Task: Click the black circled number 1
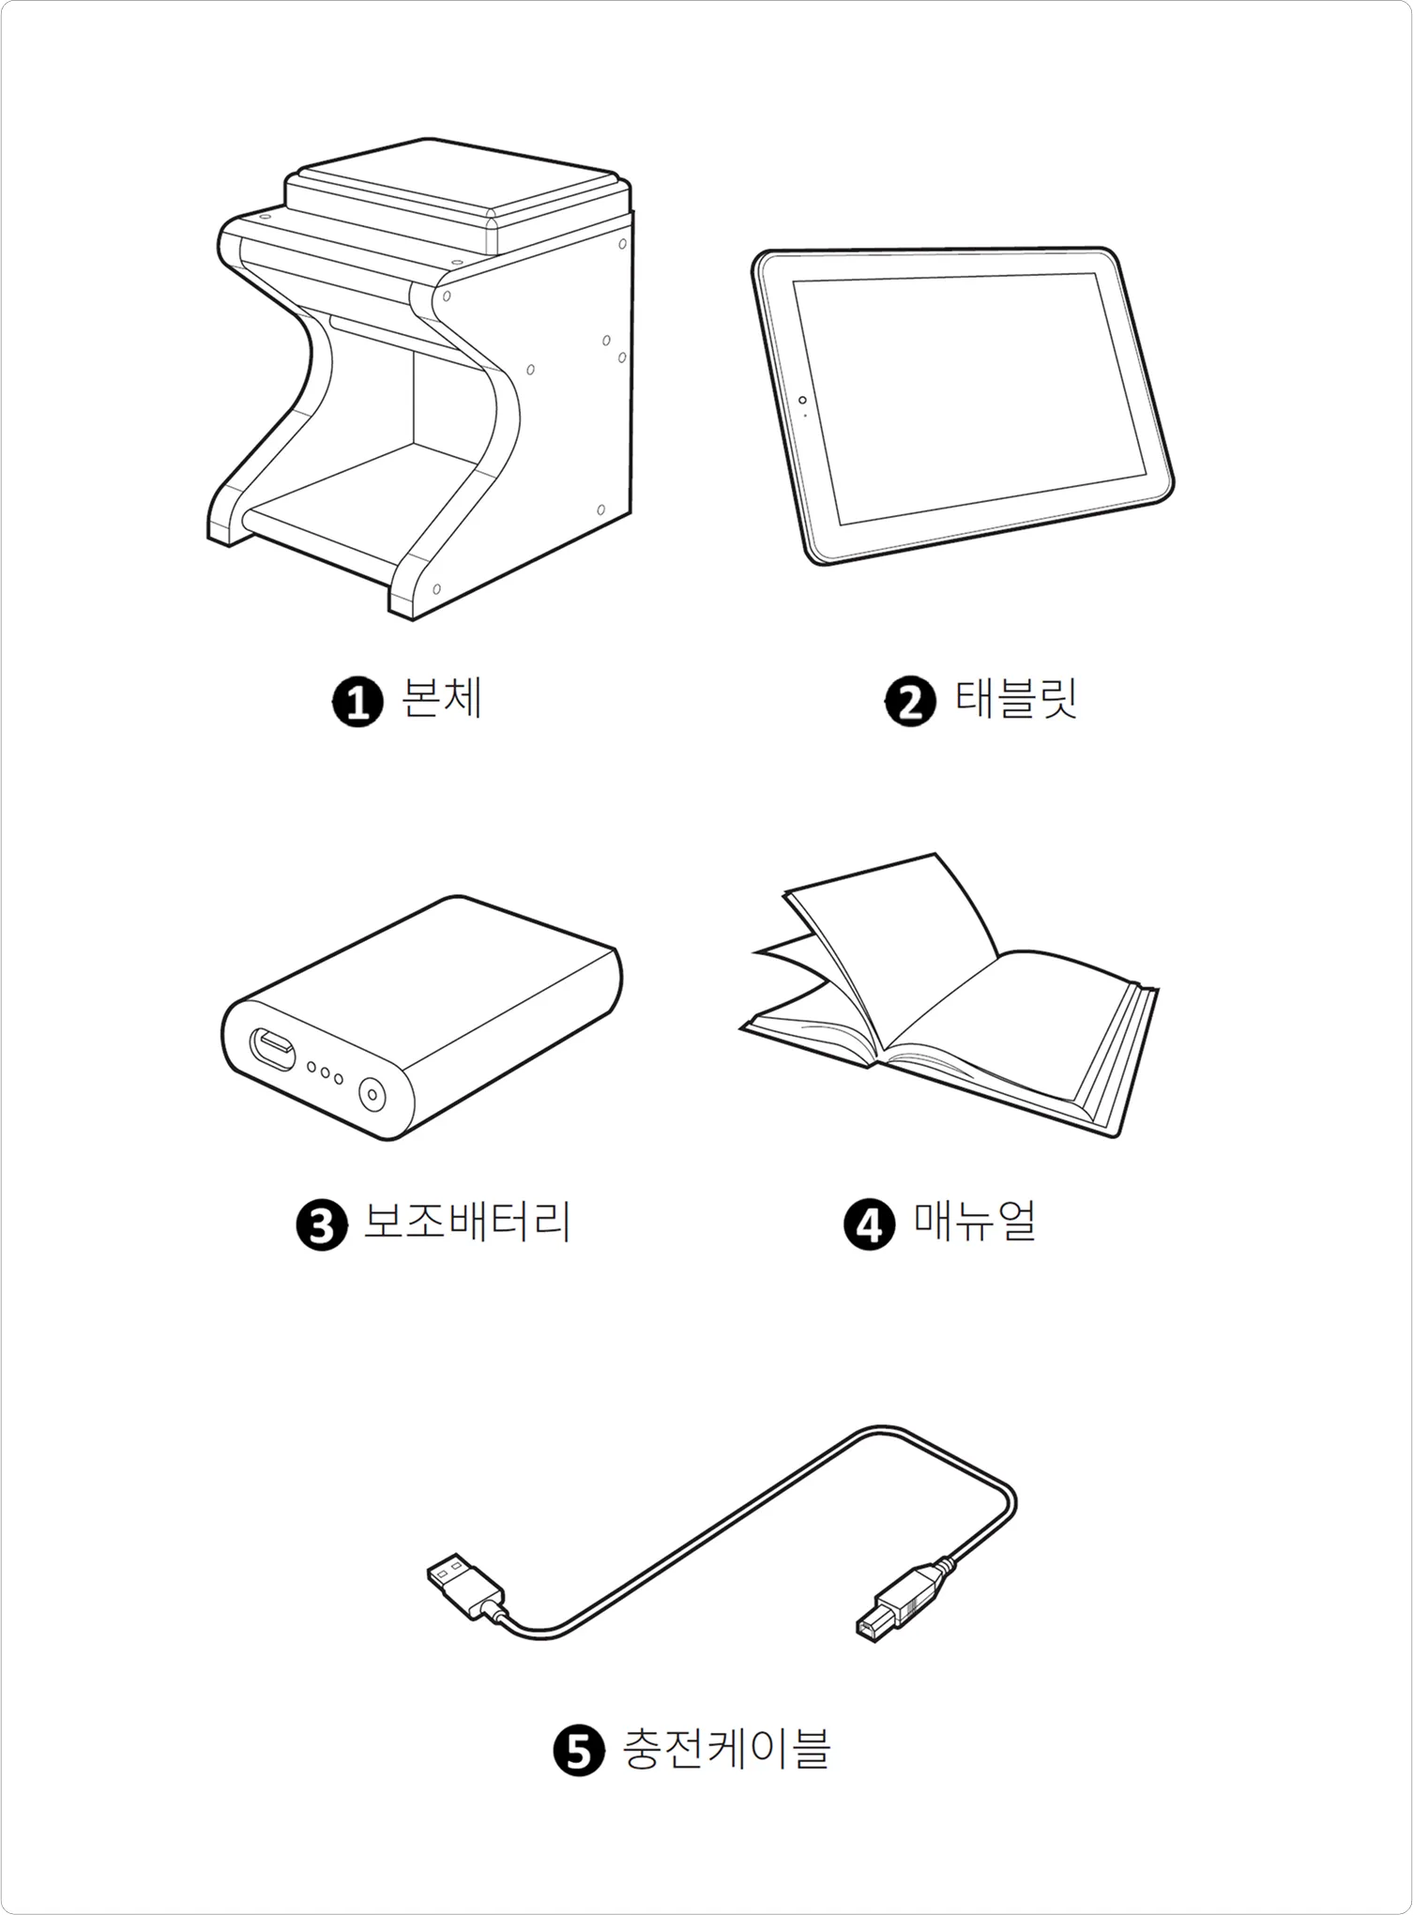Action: pos(357,701)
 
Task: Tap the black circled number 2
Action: pos(910,701)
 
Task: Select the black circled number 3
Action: pos(322,1224)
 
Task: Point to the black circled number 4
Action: pos(870,1224)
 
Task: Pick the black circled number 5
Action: pos(579,1751)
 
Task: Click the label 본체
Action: pos(441,699)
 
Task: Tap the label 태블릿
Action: pos(1016,699)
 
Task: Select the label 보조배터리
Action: pos(466,1223)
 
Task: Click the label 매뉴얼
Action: pos(975,1223)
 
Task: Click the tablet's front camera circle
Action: pos(802,401)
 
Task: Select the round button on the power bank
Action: pos(372,1094)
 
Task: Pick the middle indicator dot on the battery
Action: pos(325,1072)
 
